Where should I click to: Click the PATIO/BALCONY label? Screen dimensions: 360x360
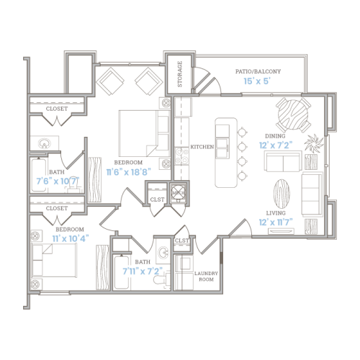point(258,72)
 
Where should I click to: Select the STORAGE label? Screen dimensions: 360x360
point(180,74)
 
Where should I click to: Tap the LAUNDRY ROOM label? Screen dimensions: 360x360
point(207,277)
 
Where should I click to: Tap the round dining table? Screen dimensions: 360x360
point(291,112)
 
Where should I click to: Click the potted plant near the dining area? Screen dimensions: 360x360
point(314,142)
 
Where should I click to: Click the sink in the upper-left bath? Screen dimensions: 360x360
point(45,143)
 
